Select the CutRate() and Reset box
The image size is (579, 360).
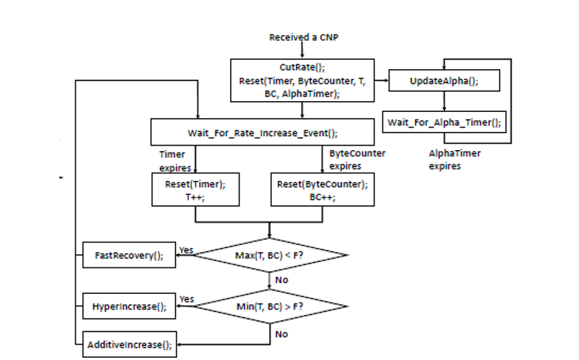tap(302, 80)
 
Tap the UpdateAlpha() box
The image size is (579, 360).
tap(443, 80)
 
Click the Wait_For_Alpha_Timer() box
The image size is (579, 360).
tap(443, 122)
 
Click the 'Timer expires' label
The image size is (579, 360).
tap(173, 162)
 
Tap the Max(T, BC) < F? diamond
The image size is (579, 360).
tap(270, 254)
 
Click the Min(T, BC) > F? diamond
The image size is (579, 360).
tap(270, 306)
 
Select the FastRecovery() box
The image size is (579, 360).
tap(129, 255)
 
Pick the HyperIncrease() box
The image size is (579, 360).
tap(129, 306)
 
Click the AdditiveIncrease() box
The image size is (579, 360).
tap(129, 344)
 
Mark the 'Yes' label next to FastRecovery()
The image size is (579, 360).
tap(187, 250)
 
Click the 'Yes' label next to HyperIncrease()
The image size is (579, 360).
tap(187, 299)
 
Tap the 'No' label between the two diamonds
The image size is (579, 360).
tap(282, 279)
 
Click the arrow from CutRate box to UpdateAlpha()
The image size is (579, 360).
tap(380, 80)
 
